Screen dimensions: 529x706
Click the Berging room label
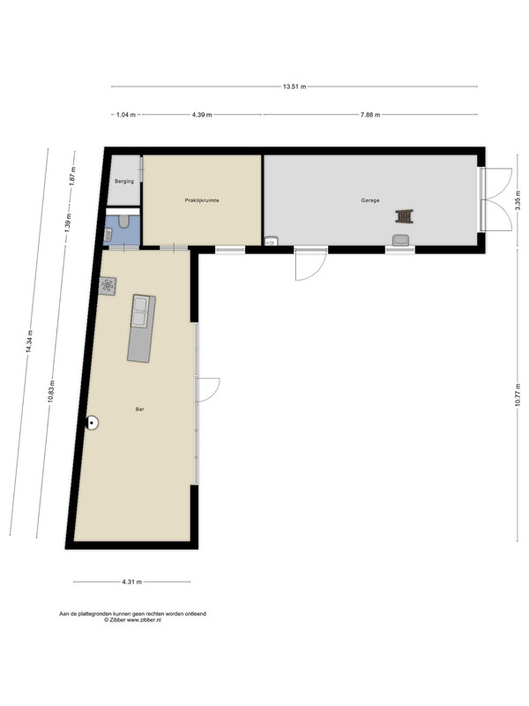(x=124, y=182)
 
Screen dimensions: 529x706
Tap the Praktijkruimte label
(x=202, y=200)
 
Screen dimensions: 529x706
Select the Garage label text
(x=370, y=200)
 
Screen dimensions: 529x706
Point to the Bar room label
(x=140, y=409)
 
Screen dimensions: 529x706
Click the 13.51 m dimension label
(x=294, y=86)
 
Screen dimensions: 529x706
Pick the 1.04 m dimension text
(x=126, y=115)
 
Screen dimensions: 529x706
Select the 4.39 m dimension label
(x=202, y=115)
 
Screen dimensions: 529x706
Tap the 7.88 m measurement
(x=370, y=115)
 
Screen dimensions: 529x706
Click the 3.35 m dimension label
(x=518, y=199)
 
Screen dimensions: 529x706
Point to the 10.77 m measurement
(x=518, y=394)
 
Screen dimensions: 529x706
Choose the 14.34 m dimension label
(x=29, y=342)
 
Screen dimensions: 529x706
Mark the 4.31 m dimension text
(x=131, y=582)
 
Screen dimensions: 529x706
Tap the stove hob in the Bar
(x=108, y=286)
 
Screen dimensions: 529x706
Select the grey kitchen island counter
(x=141, y=328)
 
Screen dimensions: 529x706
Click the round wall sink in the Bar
(x=93, y=423)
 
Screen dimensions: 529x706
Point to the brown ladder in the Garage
(x=405, y=216)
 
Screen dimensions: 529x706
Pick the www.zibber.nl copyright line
(x=133, y=620)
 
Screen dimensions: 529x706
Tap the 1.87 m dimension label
(x=72, y=176)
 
